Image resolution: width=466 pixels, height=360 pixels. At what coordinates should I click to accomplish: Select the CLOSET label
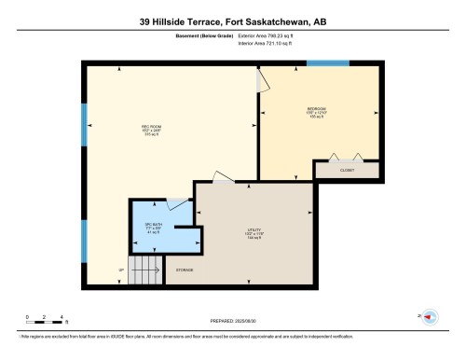point(346,171)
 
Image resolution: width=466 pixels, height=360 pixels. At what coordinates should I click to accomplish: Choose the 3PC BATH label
point(152,228)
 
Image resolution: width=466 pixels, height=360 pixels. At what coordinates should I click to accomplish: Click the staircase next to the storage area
point(144,270)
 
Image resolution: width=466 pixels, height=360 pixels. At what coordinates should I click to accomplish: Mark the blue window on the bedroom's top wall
point(327,63)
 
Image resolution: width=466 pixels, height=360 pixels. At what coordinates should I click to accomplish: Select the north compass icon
point(430,318)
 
